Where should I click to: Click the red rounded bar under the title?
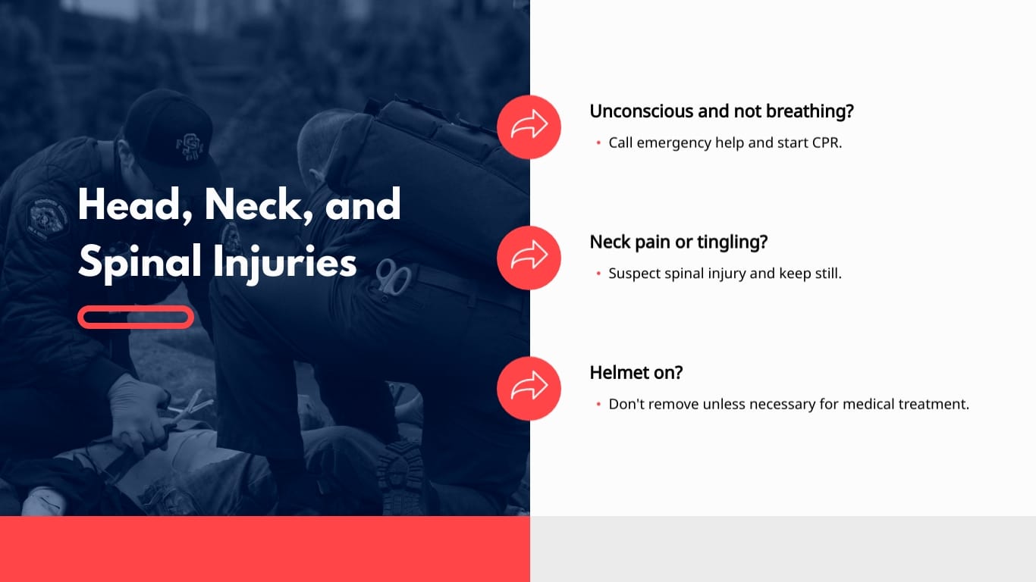[136, 317]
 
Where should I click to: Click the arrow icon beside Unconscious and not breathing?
[529, 127]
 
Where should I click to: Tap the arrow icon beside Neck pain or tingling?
[529, 258]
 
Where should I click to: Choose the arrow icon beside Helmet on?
[529, 388]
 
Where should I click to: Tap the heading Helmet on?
[636, 373]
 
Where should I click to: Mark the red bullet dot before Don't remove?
[598, 405]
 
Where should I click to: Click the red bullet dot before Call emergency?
[598, 143]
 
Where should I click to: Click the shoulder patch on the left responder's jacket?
[47, 216]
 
